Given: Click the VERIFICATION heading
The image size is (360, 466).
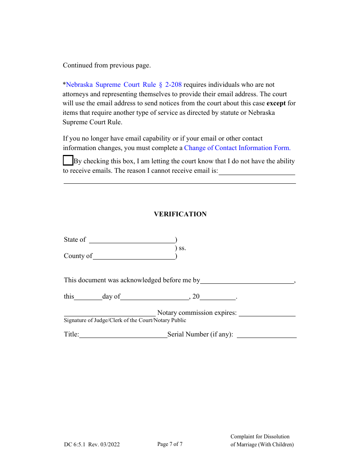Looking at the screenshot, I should click(x=180, y=214).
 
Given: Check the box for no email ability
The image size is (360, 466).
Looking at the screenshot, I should click(x=68, y=161).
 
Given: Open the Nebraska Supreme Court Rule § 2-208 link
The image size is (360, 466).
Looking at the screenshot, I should click(x=124, y=84).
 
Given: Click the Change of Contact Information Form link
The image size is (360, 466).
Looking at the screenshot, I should click(x=237, y=148).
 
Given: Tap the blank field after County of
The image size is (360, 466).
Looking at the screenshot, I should click(x=134, y=256).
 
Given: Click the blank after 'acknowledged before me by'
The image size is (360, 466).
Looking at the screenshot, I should click(x=247, y=280).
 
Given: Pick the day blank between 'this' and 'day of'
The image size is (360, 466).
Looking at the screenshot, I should click(x=88, y=297).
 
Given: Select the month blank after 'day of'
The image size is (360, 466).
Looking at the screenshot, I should click(x=155, y=297).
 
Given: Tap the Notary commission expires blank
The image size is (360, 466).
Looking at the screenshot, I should click(x=267, y=313).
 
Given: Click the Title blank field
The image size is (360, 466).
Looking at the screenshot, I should click(x=123, y=335).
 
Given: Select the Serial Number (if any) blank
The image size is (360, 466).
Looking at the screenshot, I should click(x=266, y=335).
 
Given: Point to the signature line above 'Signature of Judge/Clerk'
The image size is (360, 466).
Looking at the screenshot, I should click(x=110, y=313).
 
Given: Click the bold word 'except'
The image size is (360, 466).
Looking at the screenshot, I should click(x=276, y=103).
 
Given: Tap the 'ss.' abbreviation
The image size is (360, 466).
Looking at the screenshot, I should click(x=182, y=248).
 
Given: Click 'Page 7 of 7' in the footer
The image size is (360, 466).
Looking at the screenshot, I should click(x=170, y=444).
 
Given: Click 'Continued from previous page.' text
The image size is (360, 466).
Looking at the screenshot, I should click(x=107, y=65).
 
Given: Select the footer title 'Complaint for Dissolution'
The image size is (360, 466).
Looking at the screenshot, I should click(x=260, y=436).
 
